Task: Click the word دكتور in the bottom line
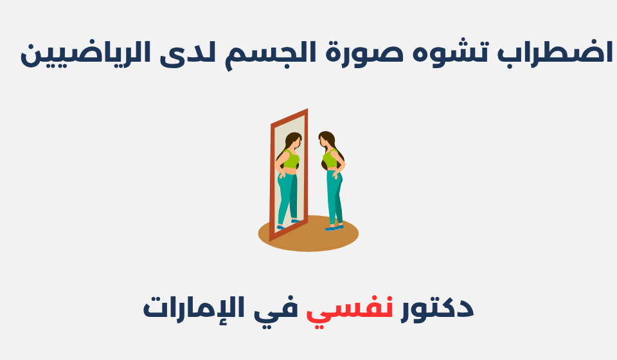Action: click(x=437, y=307)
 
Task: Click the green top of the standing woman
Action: click(x=330, y=159)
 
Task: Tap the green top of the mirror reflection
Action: click(x=291, y=159)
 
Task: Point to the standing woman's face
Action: click(x=323, y=141)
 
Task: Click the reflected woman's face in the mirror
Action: click(x=296, y=141)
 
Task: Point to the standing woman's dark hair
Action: click(x=334, y=145)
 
